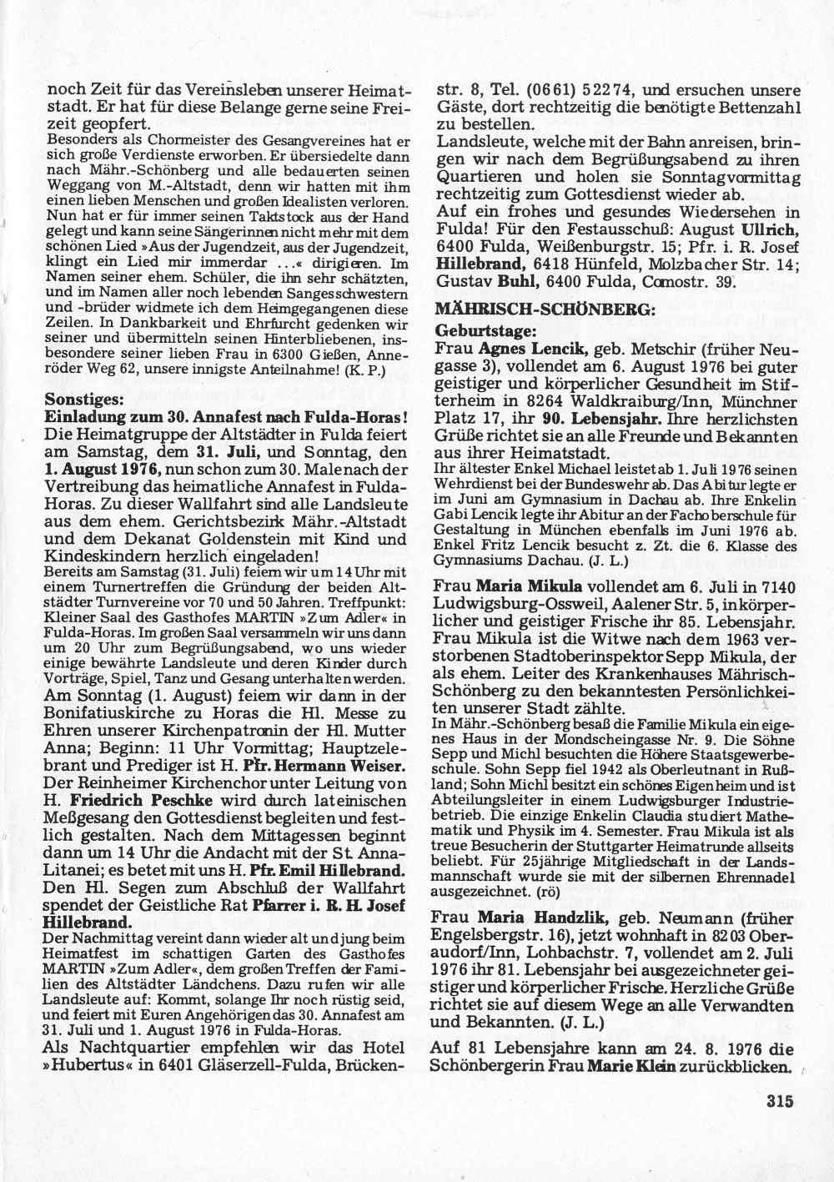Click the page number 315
point(776,1101)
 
